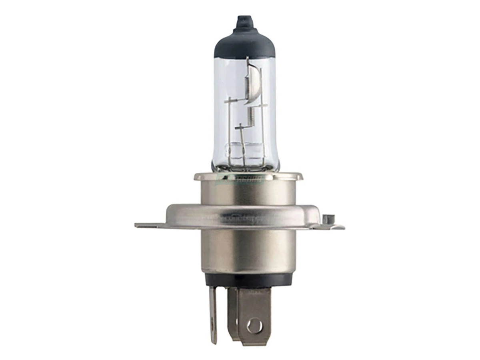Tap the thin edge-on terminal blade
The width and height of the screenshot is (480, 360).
(x=213, y=316)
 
